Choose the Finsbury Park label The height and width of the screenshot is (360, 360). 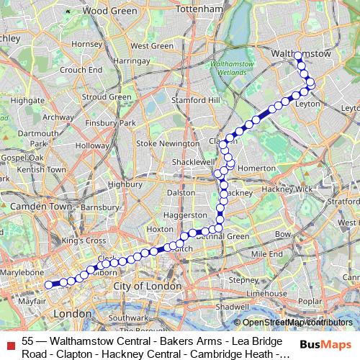click(x=107, y=123)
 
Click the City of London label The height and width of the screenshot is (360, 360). click(x=146, y=287)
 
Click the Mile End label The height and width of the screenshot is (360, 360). click(x=266, y=254)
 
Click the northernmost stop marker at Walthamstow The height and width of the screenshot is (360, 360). click(x=298, y=55)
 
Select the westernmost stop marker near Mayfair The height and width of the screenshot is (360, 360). click(x=49, y=284)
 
